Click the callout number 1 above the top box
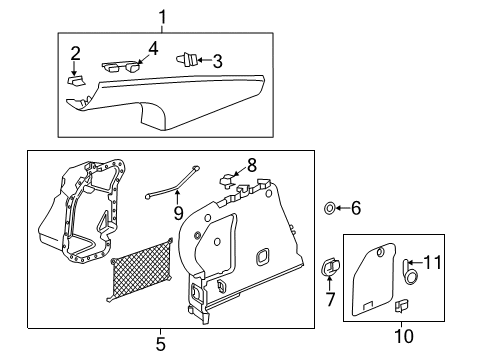click(x=162, y=17)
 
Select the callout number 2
click(x=75, y=53)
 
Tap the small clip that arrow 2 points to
click(x=76, y=81)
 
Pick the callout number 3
click(x=217, y=61)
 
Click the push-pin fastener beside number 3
click(x=186, y=60)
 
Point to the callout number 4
click(x=153, y=49)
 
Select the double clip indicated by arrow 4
click(x=121, y=66)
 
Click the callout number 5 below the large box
click(x=161, y=344)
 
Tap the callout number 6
click(x=356, y=208)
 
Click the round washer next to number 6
click(x=330, y=208)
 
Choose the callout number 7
click(x=330, y=299)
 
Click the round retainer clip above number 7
click(x=330, y=266)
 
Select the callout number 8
click(x=252, y=165)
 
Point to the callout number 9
click(x=178, y=213)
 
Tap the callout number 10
click(x=404, y=336)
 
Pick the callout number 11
click(x=432, y=262)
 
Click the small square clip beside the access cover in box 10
click(x=402, y=306)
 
